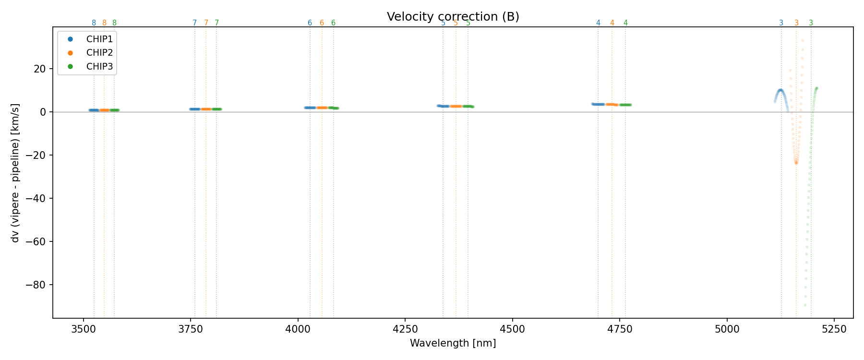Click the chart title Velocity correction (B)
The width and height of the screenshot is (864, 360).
coord(453,17)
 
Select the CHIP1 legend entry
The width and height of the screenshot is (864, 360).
coord(99,39)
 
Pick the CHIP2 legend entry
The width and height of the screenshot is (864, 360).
coord(99,53)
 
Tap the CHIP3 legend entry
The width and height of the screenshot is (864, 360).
coord(99,67)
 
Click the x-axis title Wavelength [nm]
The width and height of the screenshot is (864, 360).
coord(453,343)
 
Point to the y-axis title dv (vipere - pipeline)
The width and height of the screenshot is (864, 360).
coord(15,173)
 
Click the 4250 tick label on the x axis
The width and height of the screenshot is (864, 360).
coord(405,329)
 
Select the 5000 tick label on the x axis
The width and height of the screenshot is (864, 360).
coord(727,329)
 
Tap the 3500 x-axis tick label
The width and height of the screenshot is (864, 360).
coord(84,329)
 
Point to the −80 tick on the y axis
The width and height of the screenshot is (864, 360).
coord(38,285)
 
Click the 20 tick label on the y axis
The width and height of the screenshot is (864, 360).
coord(40,69)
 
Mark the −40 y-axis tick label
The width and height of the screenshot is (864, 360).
coord(38,199)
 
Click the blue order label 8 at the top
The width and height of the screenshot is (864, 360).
coord(94,23)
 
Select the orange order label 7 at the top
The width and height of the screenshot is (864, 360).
coord(206,23)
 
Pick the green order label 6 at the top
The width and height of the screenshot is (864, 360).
coord(333,23)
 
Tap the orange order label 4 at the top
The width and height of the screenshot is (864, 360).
coord(612,23)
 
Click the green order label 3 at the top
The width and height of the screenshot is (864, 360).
coord(811,23)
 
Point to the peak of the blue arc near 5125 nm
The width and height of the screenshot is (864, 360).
coord(780,90)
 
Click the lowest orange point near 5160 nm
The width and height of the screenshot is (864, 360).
coord(796,163)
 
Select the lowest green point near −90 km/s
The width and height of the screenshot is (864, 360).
coord(805,305)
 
